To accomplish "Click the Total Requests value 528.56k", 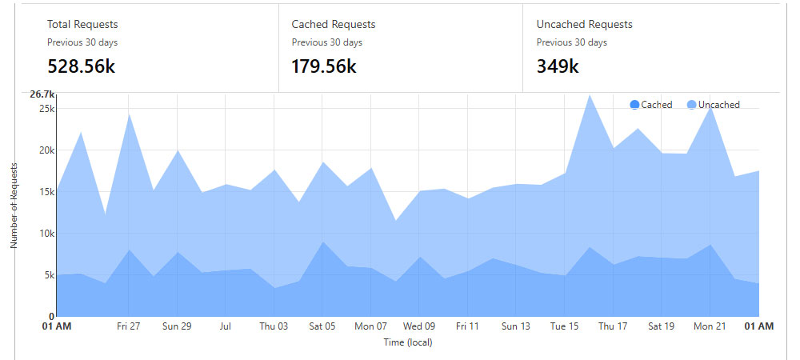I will pyautogui.click(x=81, y=66).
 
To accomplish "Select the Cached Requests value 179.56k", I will pyautogui.click(x=323, y=66).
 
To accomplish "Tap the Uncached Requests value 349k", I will pyautogui.click(x=558, y=66).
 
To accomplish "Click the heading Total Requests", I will pyautogui.click(x=82, y=25).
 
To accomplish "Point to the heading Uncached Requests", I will pyautogui.click(x=584, y=25).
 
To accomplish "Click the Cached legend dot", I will pyautogui.click(x=635, y=105).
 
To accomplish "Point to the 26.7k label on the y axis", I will pyautogui.click(x=42, y=94).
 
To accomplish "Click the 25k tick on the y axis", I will pyautogui.click(x=46, y=108).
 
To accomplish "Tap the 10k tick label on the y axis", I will pyautogui.click(x=46, y=234).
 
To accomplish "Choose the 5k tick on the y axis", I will pyautogui.click(x=49, y=275).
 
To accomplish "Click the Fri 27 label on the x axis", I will pyautogui.click(x=129, y=326).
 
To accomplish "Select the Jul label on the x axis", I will pyautogui.click(x=226, y=326).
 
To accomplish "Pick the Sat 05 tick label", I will pyautogui.click(x=322, y=326).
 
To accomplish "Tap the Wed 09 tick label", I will pyautogui.click(x=419, y=326).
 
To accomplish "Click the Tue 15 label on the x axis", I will pyautogui.click(x=564, y=326).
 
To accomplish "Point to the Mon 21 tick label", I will pyautogui.click(x=709, y=326).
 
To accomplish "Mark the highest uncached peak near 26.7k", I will pyautogui.click(x=590, y=95).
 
